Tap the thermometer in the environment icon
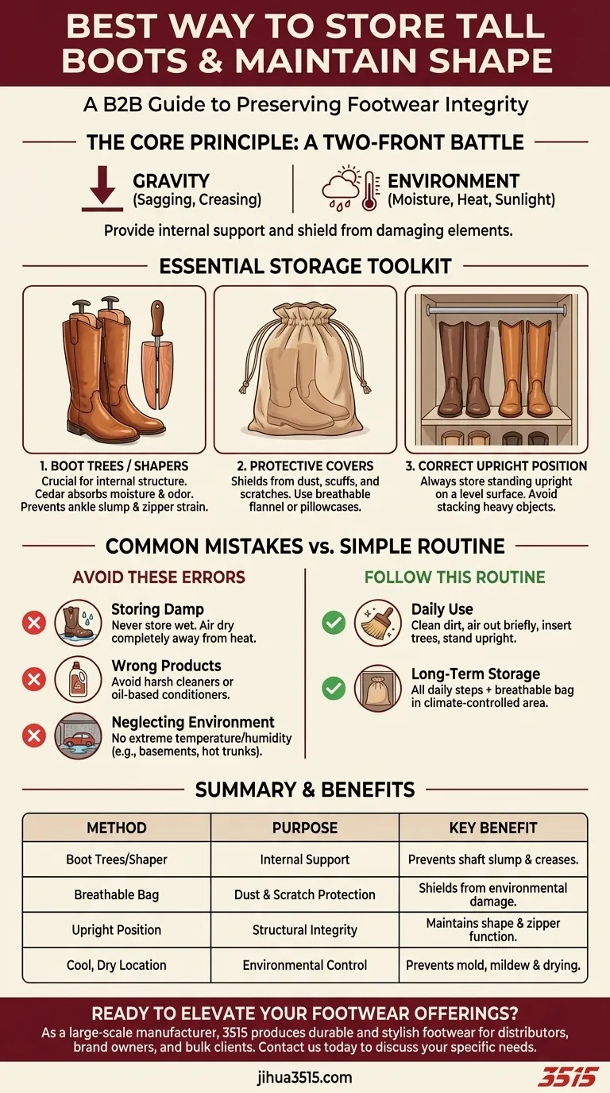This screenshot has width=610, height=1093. point(369,191)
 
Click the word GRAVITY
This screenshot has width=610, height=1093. point(172,181)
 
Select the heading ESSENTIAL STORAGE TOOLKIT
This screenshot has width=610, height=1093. point(305,266)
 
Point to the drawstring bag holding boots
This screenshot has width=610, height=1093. point(306,369)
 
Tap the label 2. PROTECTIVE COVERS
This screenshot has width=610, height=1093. point(305,466)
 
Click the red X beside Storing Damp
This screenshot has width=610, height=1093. point(33,623)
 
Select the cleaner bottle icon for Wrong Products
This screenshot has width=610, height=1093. point(78,678)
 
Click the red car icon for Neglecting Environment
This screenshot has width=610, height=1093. point(78,736)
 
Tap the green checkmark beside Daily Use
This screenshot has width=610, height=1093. point(334,622)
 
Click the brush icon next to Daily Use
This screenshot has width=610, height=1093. point(378,622)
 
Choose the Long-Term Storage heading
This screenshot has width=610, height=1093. point(476,674)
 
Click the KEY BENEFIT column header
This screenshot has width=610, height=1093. point(493,828)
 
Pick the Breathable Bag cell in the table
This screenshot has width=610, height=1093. point(117,894)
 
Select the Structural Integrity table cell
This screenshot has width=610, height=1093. point(305,930)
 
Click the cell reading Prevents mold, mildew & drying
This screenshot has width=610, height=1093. point(493,965)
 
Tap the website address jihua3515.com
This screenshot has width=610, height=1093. point(305,1077)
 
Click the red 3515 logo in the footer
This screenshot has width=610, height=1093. point(567,1077)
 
